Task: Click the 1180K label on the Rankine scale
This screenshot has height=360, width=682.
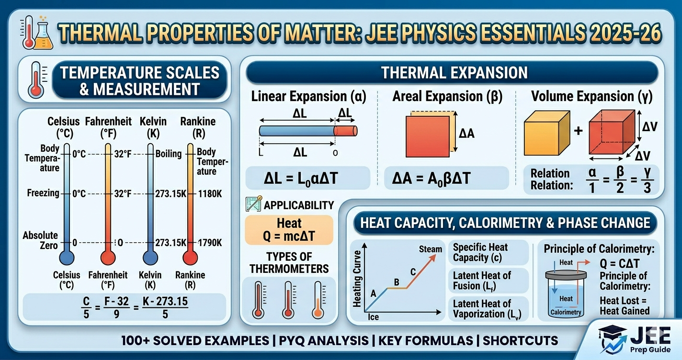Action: [210, 193]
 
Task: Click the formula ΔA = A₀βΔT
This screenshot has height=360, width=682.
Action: [431, 179]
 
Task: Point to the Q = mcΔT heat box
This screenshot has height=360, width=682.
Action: [289, 230]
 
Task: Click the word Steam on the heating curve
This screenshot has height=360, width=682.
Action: [430, 249]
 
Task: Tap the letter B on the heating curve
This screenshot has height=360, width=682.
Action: [396, 282]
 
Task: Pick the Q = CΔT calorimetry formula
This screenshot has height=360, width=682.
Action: [620, 263]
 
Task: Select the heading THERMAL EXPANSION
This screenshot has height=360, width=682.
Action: [454, 73]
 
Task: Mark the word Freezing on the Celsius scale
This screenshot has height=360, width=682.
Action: [43, 193]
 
